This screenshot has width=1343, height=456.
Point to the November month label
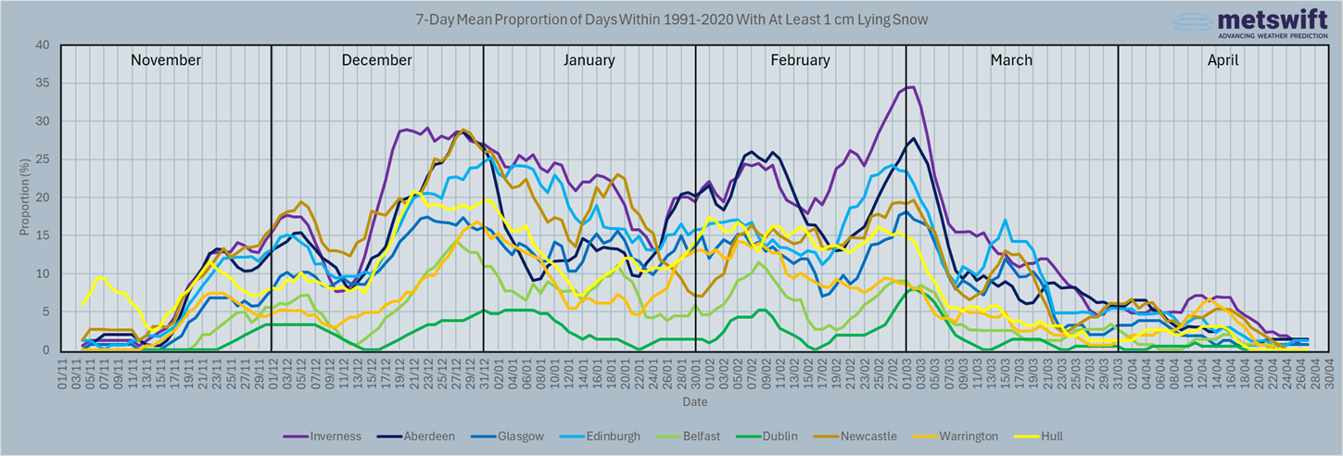tap(166, 60)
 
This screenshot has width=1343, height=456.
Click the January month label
tap(589, 60)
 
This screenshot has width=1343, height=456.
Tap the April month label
tap(1223, 60)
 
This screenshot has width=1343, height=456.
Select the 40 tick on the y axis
tap(43, 44)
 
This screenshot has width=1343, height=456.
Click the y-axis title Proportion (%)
tap(24, 197)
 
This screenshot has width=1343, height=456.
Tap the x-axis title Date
tap(695, 402)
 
